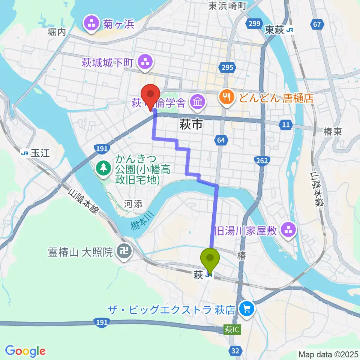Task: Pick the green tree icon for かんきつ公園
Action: (102, 168)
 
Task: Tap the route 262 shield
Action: (262, 161)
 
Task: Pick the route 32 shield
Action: (235, 351)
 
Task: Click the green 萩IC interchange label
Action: (232, 330)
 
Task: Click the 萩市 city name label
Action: (191, 124)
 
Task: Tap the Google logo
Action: (25, 351)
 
